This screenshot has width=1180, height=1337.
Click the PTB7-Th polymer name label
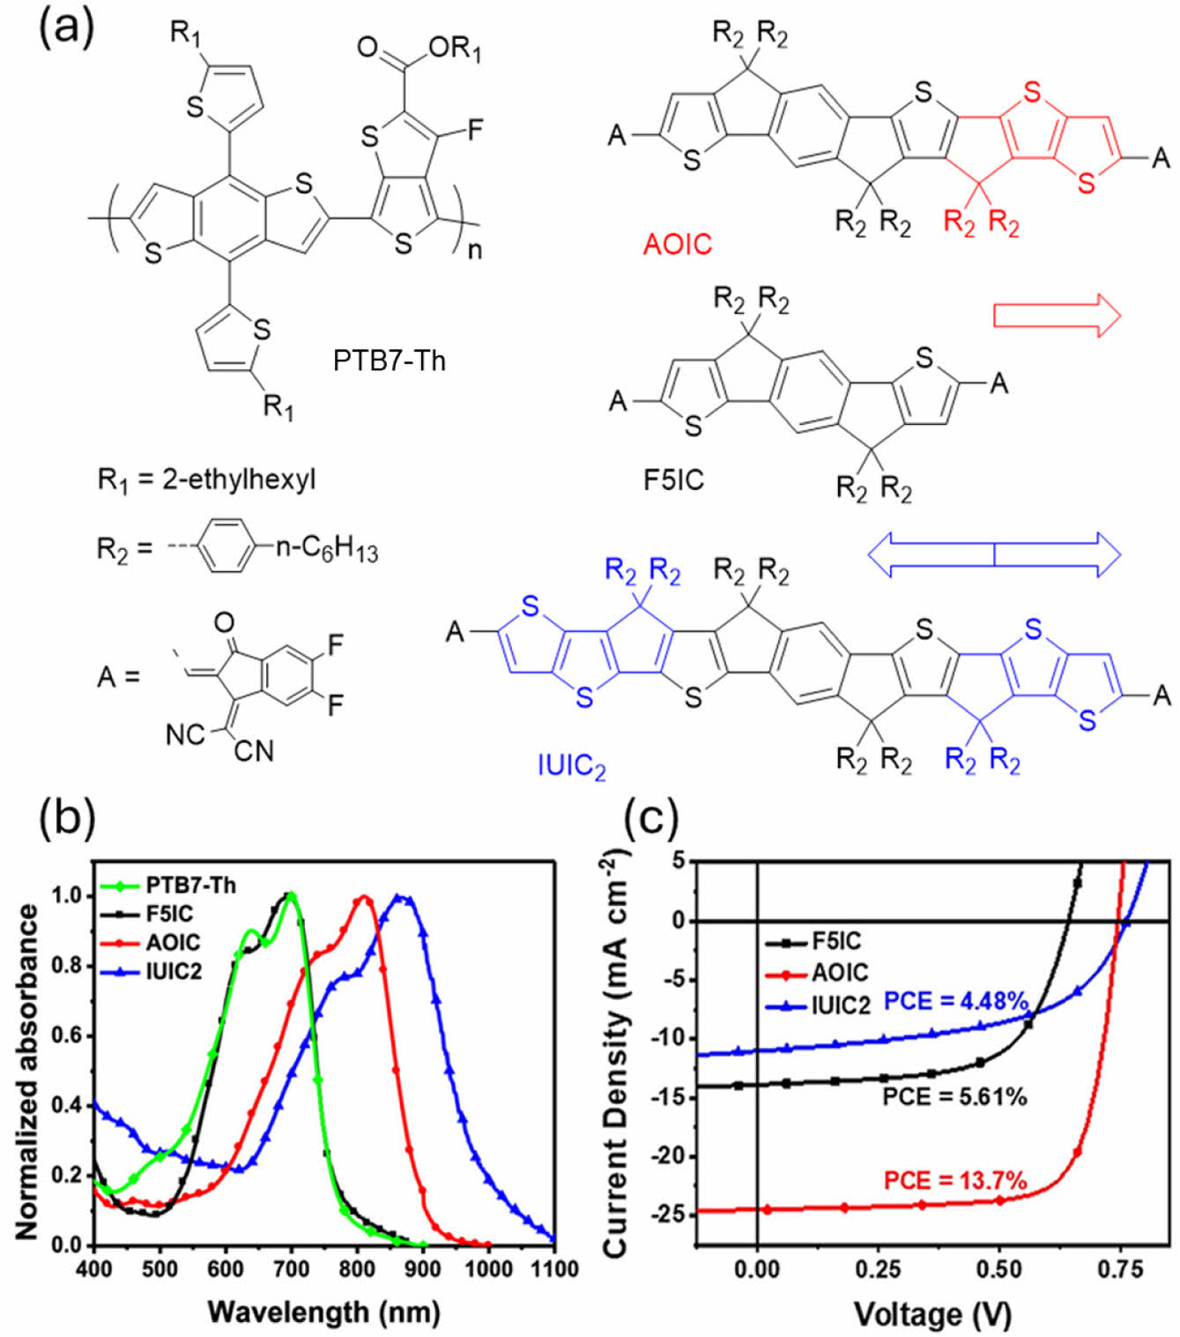[x=389, y=360]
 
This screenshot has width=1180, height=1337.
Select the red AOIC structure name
[x=677, y=244]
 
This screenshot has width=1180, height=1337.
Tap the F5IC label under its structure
[x=673, y=480]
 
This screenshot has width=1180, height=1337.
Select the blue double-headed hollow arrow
[x=994, y=554]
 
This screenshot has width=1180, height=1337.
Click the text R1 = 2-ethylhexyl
[x=206, y=480]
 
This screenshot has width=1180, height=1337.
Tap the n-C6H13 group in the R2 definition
[x=327, y=548]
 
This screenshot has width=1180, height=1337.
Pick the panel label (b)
[x=67, y=816]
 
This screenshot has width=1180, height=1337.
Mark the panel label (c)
[x=650, y=816]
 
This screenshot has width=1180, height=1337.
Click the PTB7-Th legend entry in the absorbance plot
[x=190, y=885]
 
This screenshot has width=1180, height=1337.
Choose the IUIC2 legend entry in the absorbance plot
[x=174, y=971]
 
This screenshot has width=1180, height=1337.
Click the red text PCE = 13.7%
[x=955, y=1180]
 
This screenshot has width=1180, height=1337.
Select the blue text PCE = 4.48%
[x=956, y=1002]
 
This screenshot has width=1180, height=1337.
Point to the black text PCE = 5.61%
[x=955, y=1097]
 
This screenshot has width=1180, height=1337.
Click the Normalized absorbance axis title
[x=27, y=1071]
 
